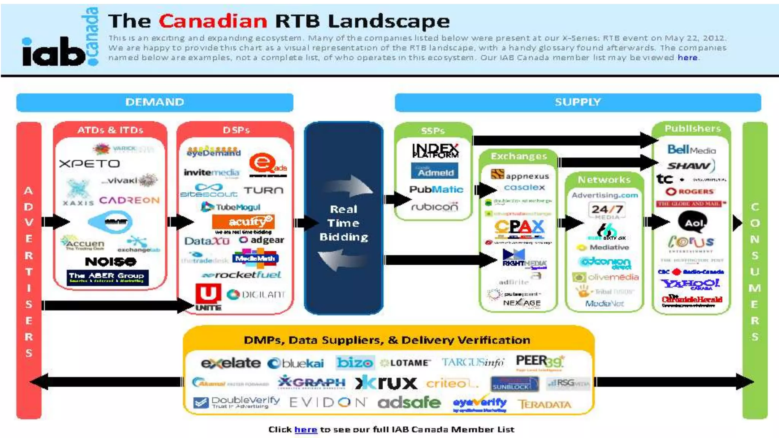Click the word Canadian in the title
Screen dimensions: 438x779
[213, 21]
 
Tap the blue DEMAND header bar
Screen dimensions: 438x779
[154, 102]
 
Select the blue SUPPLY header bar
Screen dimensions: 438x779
[577, 102]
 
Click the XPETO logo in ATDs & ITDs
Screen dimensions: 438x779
[89, 164]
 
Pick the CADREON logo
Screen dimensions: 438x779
[129, 200]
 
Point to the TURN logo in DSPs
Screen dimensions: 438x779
[263, 190]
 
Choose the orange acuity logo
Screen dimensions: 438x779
[243, 222]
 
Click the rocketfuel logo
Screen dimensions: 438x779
[242, 275]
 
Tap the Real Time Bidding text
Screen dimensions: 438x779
[343, 223]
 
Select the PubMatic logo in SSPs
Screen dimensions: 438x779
[436, 189]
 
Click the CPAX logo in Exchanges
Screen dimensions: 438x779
[519, 228]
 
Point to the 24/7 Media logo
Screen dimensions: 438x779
[607, 210]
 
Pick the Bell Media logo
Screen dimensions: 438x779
[691, 149]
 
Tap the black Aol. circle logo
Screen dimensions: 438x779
[692, 222]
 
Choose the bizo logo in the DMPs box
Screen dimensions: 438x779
[355, 362]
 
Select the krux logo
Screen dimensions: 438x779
[386, 383]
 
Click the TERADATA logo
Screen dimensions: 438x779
[544, 404]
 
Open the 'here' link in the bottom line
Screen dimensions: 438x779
[305, 430]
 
